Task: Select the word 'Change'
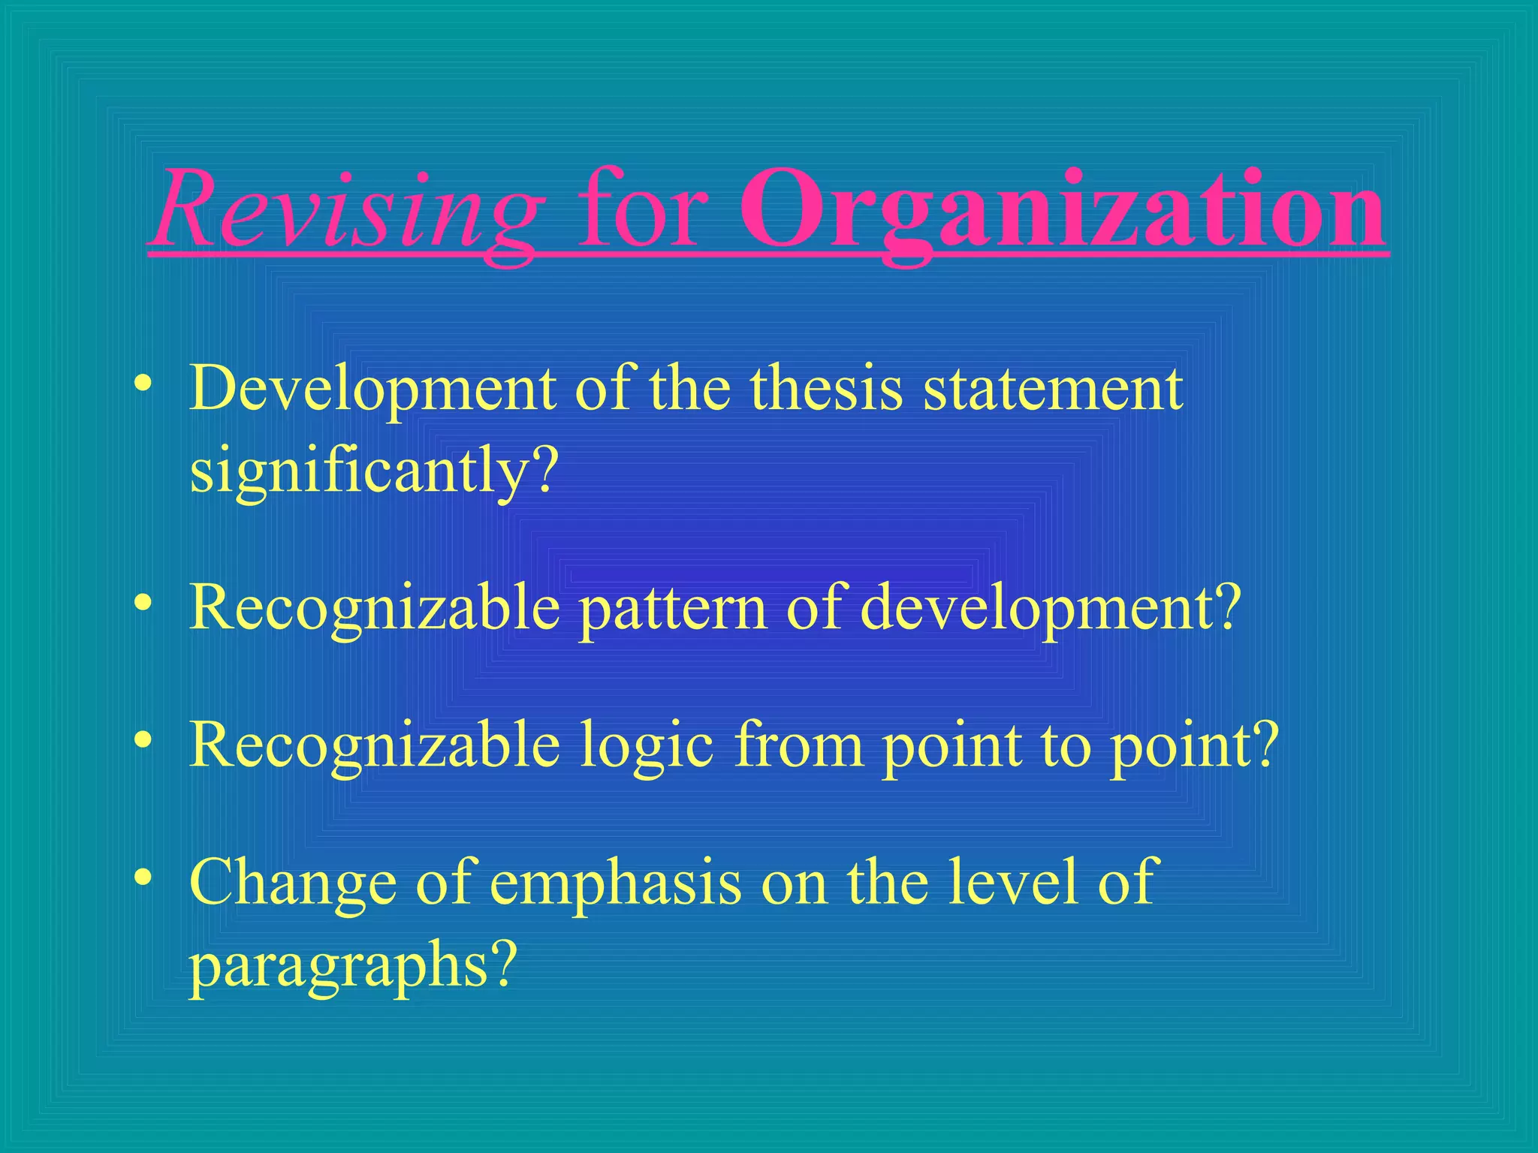tap(293, 884)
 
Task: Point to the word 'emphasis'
tap(615, 884)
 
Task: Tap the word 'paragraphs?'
tap(354, 966)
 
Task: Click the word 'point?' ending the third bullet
tap(1194, 746)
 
